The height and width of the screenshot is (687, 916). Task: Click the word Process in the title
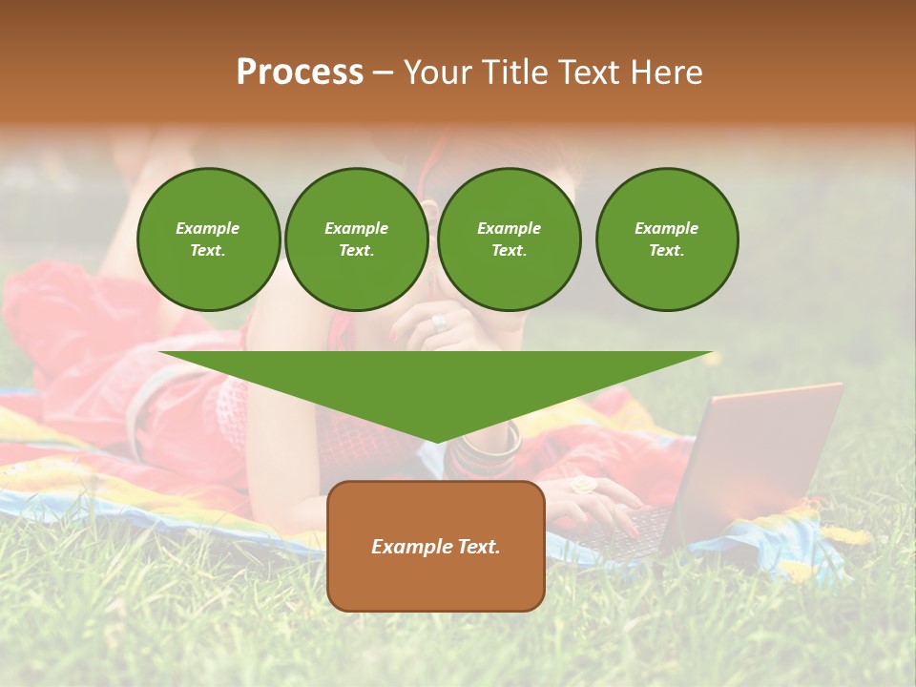pyautogui.click(x=300, y=73)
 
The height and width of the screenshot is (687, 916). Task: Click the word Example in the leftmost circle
pyautogui.click(x=208, y=228)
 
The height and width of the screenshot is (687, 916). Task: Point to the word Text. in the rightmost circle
pyautogui.click(x=667, y=250)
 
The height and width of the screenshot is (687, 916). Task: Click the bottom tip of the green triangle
pyautogui.click(x=437, y=441)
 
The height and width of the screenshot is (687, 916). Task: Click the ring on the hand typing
pyautogui.click(x=583, y=485)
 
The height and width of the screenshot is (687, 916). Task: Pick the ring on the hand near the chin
pyautogui.click(x=439, y=323)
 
